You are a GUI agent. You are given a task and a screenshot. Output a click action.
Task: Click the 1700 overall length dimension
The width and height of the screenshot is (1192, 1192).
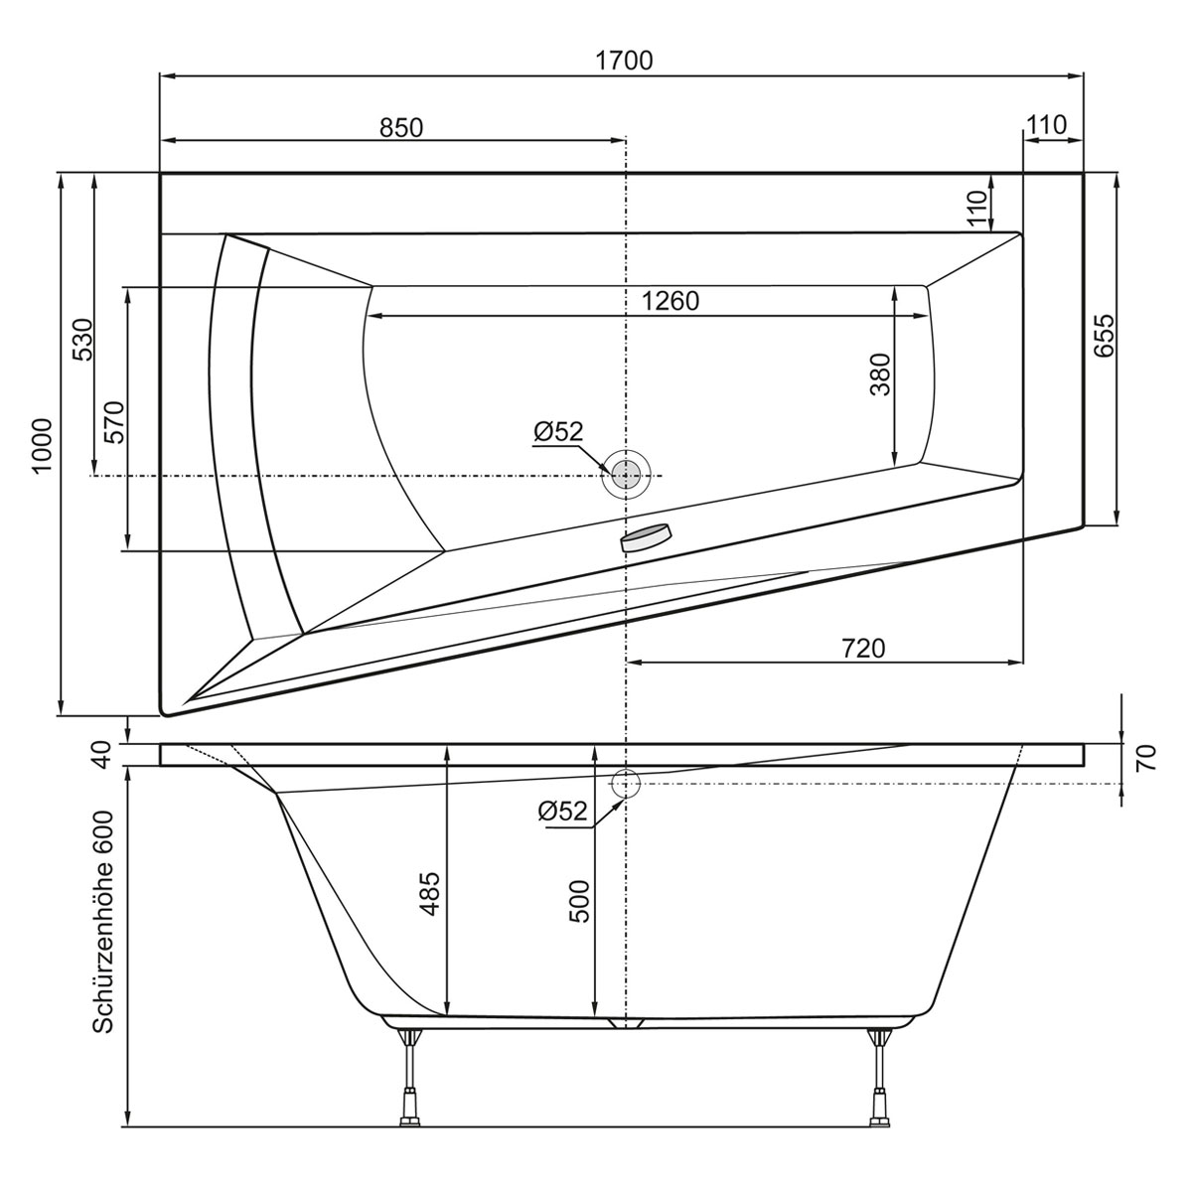click(x=624, y=61)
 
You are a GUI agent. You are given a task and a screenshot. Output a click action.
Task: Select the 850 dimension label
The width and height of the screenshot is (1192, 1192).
click(x=401, y=127)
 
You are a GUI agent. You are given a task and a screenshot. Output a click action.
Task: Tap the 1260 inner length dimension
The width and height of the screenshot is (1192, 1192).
click(x=670, y=301)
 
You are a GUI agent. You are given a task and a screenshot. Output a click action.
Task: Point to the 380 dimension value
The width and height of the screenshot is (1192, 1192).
click(x=880, y=374)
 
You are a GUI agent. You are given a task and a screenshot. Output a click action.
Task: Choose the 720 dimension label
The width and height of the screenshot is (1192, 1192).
click(x=862, y=648)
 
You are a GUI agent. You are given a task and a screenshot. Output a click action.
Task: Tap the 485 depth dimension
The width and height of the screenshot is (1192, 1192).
click(x=431, y=895)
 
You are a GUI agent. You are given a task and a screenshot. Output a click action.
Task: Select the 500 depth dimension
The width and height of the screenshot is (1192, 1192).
click(x=579, y=900)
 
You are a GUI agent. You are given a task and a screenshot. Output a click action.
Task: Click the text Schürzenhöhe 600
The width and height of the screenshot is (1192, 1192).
click(x=103, y=921)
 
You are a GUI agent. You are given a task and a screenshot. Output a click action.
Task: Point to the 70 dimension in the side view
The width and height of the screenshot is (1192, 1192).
click(x=1144, y=760)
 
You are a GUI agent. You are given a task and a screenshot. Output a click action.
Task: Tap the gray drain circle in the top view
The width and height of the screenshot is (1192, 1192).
click(x=625, y=475)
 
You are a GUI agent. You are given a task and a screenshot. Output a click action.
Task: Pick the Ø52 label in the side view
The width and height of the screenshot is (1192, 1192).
click(x=562, y=811)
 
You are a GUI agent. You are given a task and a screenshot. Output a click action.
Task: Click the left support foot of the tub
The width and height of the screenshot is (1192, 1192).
click(x=407, y=1088)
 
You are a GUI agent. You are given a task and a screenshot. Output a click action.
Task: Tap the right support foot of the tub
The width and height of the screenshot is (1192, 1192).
click(x=878, y=1088)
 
